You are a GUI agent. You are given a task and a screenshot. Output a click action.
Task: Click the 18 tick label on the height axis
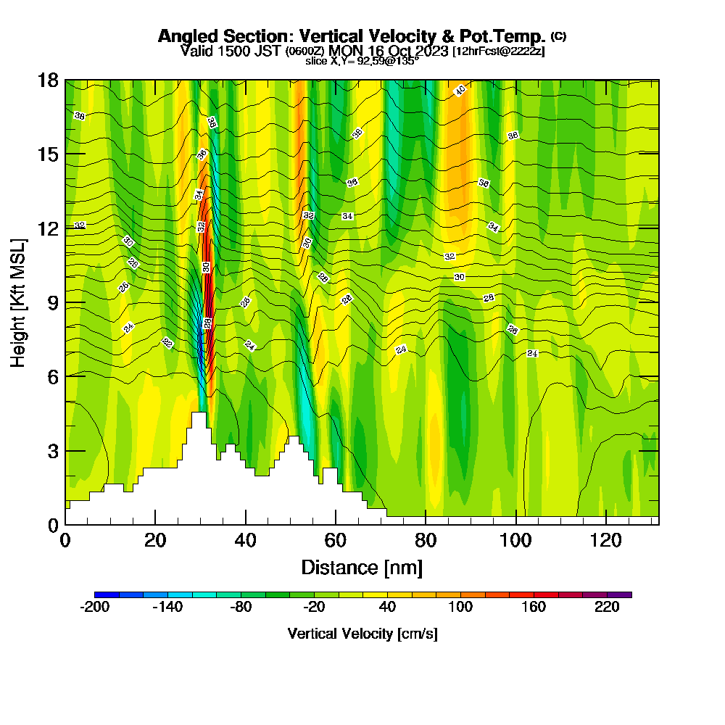click(x=49, y=80)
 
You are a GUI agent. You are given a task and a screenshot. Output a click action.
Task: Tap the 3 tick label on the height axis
click(x=52, y=450)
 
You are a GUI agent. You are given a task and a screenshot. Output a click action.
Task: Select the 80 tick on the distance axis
click(x=426, y=524)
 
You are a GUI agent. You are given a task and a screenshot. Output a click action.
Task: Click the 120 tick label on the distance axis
click(x=606, y=540)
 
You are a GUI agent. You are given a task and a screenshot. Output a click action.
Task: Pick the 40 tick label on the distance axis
click(x=246, y=540)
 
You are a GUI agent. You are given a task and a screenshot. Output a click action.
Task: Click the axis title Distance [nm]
click(x=362, y=567)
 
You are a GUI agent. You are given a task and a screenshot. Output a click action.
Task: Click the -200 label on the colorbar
click(x=94, y=608)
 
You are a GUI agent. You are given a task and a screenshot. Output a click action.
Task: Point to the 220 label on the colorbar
click(x=607, y=608)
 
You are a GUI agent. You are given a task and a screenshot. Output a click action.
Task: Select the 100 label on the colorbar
click(x=460, y=608)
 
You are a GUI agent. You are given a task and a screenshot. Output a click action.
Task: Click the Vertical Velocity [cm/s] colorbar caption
click(x=362, y=634)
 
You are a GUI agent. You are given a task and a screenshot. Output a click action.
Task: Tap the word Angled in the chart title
click(x=182, y=36)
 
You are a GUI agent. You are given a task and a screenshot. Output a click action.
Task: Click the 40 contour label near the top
click(x=460, y=90)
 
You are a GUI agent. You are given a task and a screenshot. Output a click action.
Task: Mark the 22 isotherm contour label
click(x=167, y=342)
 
